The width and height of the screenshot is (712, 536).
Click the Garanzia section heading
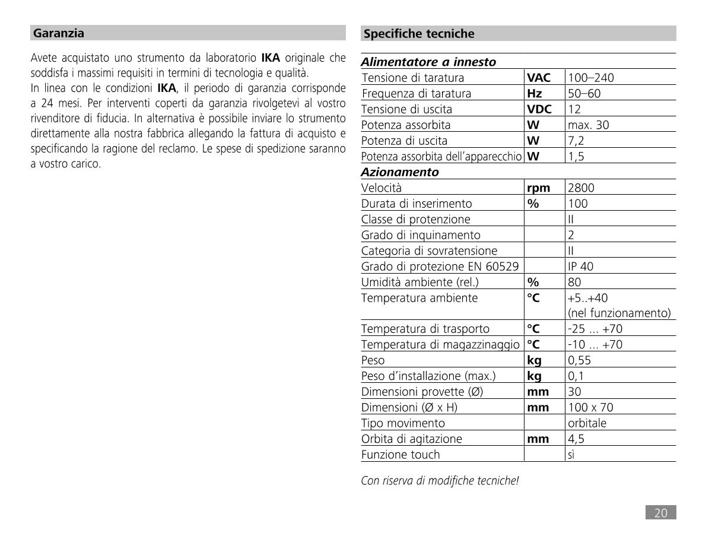pos(59,33)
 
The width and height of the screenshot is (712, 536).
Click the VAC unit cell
pos(539,78)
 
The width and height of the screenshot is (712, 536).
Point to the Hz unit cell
pos(535,93)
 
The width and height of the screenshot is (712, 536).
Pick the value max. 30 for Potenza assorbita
pos(588,125)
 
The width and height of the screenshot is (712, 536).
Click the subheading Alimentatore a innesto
pos(428,62)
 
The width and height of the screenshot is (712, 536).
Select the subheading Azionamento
pos(400,172)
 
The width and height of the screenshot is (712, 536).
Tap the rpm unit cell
pos(539,188)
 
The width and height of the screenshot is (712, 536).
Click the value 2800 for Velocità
pos(581,188)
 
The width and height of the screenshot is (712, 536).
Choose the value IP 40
pos(580,267)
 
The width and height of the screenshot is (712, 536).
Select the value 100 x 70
pos(590,408)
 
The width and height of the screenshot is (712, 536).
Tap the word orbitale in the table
pos(587,423)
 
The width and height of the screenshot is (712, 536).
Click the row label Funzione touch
pos(401,455)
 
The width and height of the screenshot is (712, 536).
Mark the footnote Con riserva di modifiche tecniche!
pos(440,481)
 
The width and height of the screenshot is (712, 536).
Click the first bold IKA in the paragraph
pos(271,58)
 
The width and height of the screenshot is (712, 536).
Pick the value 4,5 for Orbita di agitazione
pos(576,439)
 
